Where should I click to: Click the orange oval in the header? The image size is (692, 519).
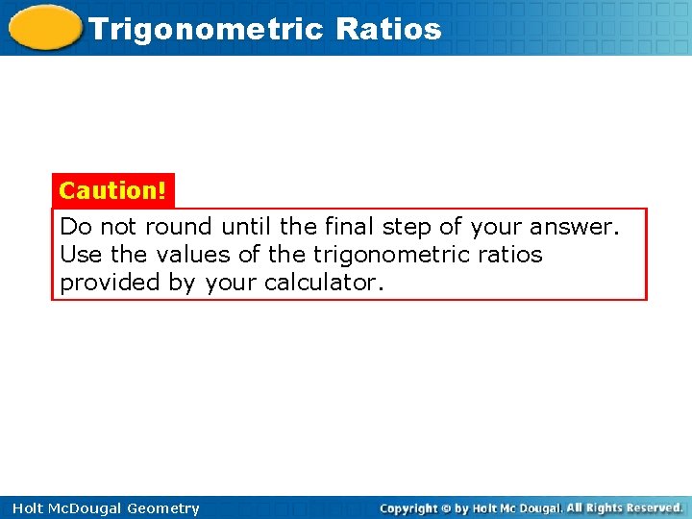pyautogui.click(x=44, y=27)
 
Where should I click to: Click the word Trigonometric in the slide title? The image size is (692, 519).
pyautogui.click(x=207, y=29)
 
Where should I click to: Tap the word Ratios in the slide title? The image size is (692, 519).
pyautogui.click(x=388, y=29)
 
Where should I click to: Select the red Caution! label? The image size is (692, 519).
pyautogui.click(x=112, y=190)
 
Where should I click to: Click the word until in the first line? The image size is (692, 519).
pyautogui.click(x=247, y=228)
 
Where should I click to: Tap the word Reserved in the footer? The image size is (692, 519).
pyautogui.click(x=653, y=507)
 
